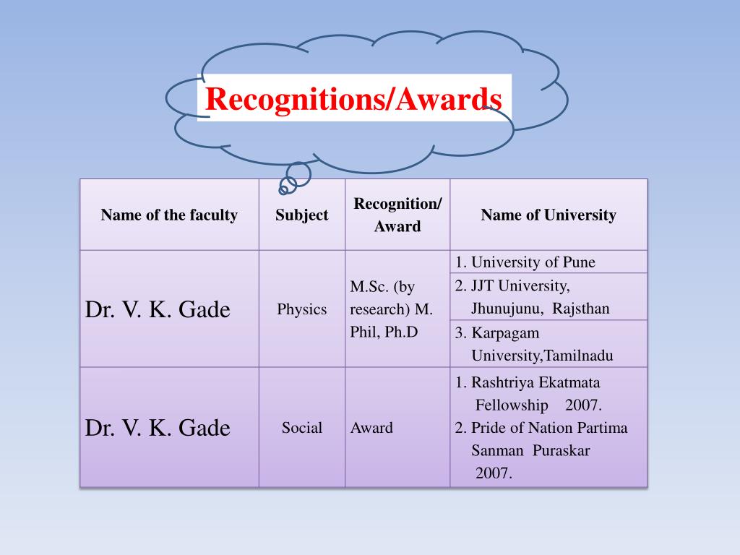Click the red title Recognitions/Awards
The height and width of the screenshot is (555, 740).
(353, 99)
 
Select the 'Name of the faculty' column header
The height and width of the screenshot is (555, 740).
(169, 215)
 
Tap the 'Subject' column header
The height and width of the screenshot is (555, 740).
(301, 215)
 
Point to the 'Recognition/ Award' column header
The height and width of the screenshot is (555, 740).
(397, 215)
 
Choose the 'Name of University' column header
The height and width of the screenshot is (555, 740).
(548, 215)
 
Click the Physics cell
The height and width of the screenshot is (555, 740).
(301, 309)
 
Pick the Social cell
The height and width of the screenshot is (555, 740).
(302, 427)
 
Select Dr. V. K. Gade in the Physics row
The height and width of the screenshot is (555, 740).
(158, 309)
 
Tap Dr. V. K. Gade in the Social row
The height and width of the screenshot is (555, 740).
(158, 427)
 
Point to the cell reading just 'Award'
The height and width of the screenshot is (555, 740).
(371, 427)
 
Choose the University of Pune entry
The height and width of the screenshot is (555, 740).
(525, 262)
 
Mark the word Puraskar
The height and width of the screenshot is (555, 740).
(562, 450)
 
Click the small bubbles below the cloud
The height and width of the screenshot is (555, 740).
(294, 178)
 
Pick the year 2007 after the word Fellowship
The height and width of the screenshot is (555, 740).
(583, 405)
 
